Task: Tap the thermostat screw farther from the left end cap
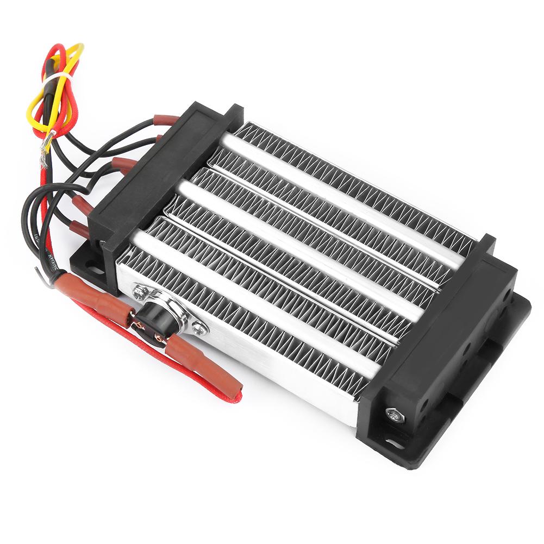click(x=201, y=326)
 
